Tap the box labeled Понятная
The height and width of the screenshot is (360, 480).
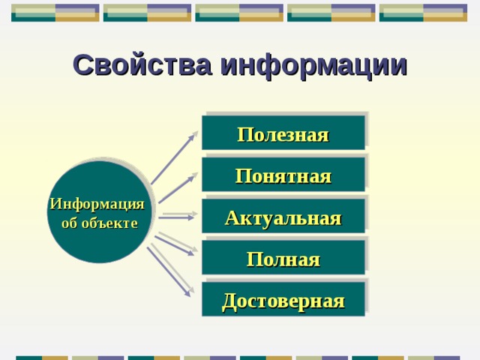point(283,175)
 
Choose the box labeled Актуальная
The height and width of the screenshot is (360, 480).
point(283,217)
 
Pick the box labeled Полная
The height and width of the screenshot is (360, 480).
point(283,259)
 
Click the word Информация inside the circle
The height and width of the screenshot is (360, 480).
point(97,204)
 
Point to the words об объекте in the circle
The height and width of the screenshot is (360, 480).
point(99,223)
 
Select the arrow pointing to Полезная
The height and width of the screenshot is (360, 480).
point(174,159)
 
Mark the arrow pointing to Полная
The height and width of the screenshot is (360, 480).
point(176,244)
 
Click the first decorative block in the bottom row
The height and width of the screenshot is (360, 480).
point(41,357)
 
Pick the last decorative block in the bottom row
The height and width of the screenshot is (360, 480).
point(433,357)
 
